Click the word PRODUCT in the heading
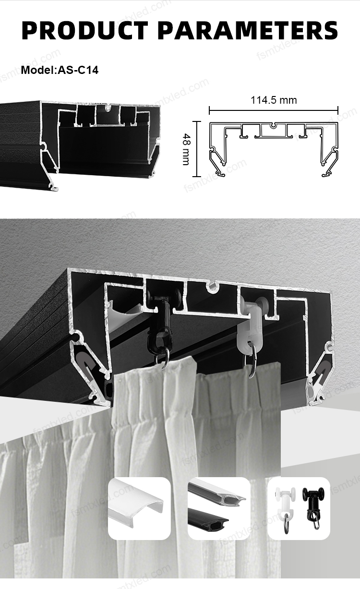coord(85,30)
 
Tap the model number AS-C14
coord(78,70)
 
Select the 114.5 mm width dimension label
coord(274,100)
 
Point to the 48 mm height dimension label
coord(186,149)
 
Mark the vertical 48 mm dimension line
coord(196,149)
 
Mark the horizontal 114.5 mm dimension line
coord(274,110)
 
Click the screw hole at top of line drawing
coord(274,125)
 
